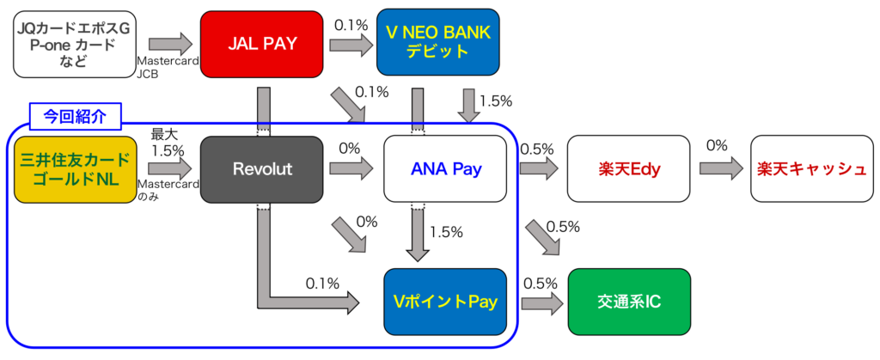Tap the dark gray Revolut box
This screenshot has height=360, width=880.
[262, 169]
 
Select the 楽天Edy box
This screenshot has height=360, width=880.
[629, 169]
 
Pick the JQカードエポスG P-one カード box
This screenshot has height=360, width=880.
[75, 43]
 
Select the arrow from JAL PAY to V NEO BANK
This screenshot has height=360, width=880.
[351, 43]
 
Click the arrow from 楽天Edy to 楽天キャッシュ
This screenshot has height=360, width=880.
[721, 169]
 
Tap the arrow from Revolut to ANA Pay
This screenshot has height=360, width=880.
[351, 169]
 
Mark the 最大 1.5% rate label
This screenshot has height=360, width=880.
[167, 143]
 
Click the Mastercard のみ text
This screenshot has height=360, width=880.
[169, 189]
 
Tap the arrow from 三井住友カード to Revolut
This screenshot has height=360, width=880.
[170, 169]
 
